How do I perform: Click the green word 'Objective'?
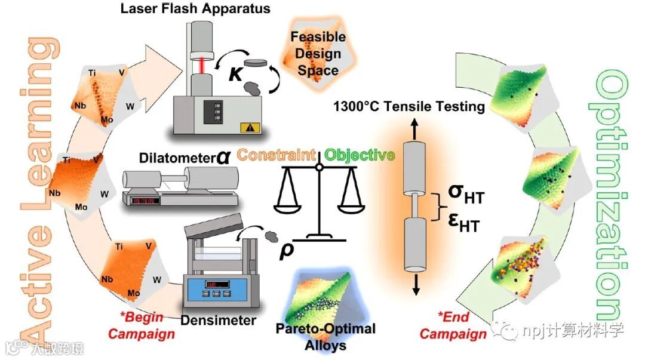pyautogui.click(x=360, y=156)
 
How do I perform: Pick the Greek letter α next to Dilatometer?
pyautogui.click(x=223, y=156)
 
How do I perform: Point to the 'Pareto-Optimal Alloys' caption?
pyautogui.click(x=325, y=336)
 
